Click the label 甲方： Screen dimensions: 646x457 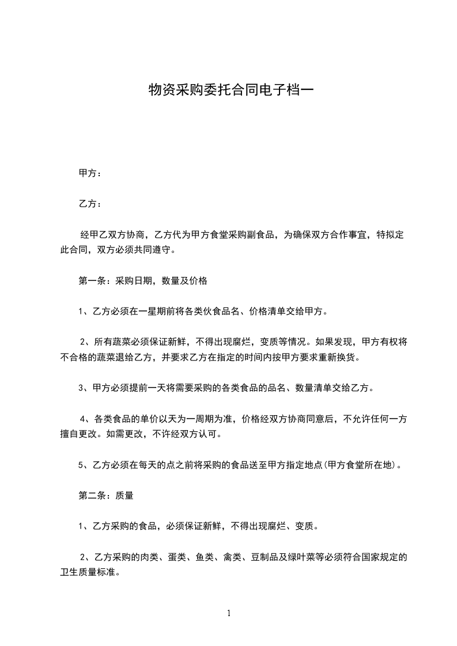tap(90, 173)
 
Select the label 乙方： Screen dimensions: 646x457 tap(90, 204)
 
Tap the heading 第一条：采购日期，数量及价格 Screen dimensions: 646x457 tap(142, 282)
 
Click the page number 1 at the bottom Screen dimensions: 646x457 tap(229, 613)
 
